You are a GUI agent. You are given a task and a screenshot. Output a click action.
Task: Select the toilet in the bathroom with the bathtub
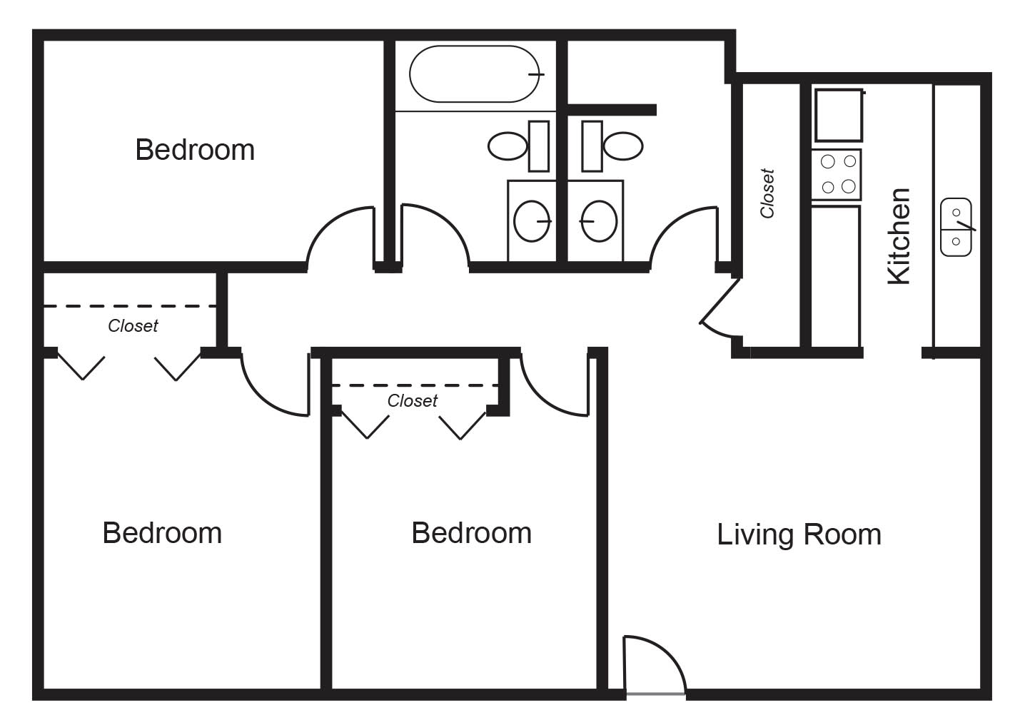(x=519, y=146)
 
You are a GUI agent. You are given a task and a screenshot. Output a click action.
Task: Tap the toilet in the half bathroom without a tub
(x=612, y=146)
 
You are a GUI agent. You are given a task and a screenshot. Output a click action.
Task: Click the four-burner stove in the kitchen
(x=837, y=175)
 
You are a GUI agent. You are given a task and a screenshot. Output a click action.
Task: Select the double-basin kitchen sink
(x=956, y=227)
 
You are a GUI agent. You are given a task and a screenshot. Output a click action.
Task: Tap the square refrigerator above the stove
(x=838, y=116)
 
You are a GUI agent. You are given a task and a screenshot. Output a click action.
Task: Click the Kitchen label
(x=898, y=236)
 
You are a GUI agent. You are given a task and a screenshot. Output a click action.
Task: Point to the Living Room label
(x=799, y=534)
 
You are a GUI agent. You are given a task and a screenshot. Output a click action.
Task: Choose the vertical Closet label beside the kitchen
(x=767, y=193)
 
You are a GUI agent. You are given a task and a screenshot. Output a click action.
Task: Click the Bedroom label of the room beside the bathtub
(x=195, y=150)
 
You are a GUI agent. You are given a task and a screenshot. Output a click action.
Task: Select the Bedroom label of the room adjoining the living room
(x=471, y=533)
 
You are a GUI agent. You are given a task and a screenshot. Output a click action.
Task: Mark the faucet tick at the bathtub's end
(x=536, y=74)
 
